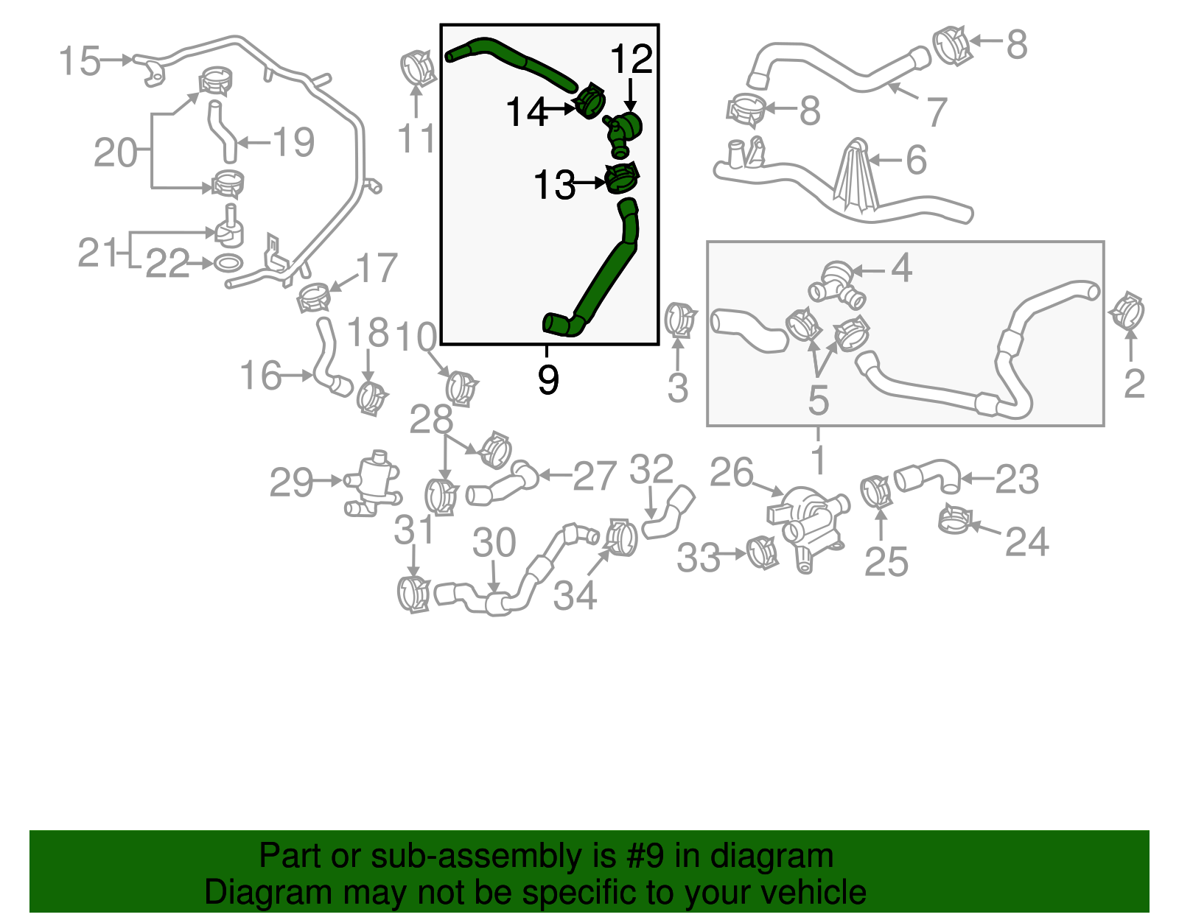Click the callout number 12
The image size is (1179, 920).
(632, 60)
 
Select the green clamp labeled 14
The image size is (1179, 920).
(589, 101)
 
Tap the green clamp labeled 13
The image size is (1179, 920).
(622, 178)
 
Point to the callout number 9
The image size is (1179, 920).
(547, 380)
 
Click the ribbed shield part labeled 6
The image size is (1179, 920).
(857, 177)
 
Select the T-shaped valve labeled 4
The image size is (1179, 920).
(837, 284)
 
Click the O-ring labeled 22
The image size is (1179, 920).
(228, 262)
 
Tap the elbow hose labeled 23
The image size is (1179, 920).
(928, 474)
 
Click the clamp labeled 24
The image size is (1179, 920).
(956, 520)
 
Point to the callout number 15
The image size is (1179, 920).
(79, 60)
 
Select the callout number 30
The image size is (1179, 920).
(494, 544)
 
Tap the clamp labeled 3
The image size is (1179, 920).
(679, 320)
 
